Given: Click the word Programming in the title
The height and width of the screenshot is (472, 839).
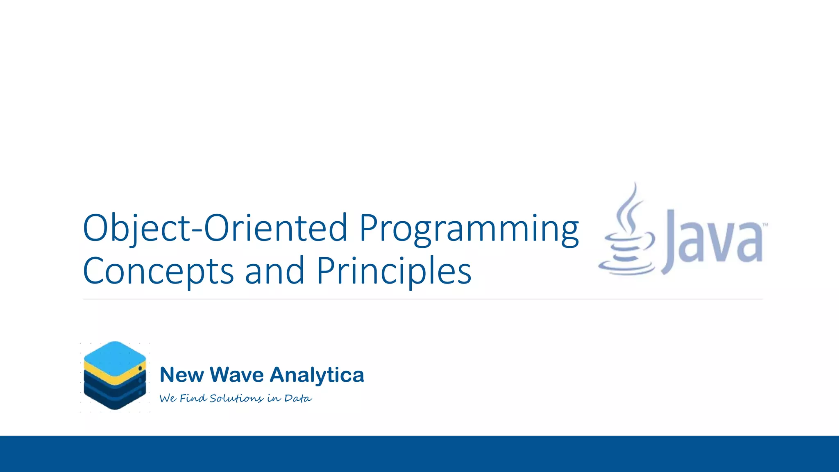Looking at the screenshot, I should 469,229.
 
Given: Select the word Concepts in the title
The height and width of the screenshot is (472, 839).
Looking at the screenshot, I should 158,271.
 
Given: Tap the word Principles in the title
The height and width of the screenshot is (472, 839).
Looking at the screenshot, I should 394,271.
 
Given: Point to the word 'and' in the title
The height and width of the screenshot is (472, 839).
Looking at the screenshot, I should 274,271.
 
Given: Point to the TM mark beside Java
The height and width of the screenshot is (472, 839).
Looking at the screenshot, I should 764,225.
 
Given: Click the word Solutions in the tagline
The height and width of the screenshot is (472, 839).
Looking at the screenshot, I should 236,398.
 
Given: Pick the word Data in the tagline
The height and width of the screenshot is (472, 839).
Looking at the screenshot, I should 298,398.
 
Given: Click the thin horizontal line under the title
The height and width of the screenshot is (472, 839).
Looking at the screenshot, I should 422,299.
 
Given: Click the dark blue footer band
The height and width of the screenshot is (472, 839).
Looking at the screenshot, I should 419,454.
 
